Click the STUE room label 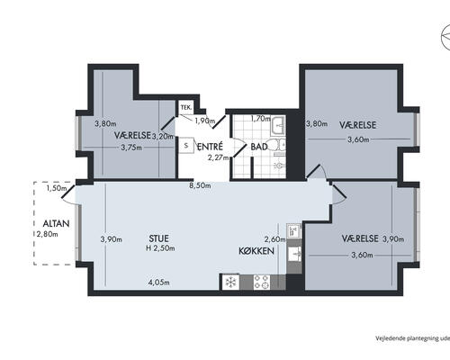[x=158, y=238]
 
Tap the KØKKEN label [x=256, y=251]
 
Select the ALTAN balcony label [x=56, y=223]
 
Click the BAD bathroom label [x=259, y=147]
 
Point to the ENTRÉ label [x=210, y=147]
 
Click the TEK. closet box [x=186, y=108]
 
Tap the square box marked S [x=186, y=146]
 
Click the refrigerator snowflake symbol [x=230, y=282]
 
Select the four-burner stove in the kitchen [x=261, y=282]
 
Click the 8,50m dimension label [x=200, y=185]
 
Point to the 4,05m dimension [x=158, y=283]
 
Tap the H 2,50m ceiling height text [x=160, y=248]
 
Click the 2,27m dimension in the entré [x=219, y=157]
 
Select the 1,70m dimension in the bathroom [x=261, y=119]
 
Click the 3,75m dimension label [x=131, y=148]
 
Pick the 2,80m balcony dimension [x=48, y=234]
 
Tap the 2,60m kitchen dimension [x=274, y=239]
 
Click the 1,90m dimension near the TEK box [x=205, y=121]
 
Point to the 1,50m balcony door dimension [x=57, y=188]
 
